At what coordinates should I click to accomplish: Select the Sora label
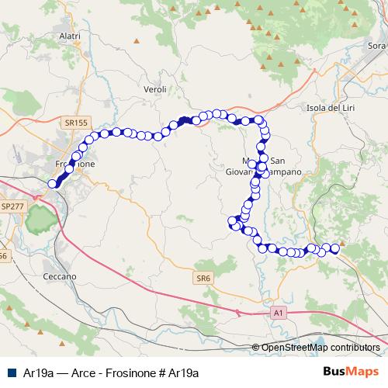coord(376,46)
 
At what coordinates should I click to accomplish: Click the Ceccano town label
coord(60,276)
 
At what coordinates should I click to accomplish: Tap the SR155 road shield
coord(76,123)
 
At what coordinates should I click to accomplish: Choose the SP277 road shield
coord(12,206)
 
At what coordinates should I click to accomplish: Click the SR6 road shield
coord(203,277)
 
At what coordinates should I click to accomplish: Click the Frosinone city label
coord(75,165)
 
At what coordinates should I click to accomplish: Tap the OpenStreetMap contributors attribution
coord(320,348)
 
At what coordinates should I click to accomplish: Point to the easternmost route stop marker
coord(335,248)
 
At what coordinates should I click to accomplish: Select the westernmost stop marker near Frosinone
coord(53,184)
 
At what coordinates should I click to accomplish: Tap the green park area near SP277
coord(38,223)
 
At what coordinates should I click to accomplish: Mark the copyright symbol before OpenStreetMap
coord(256,348)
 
